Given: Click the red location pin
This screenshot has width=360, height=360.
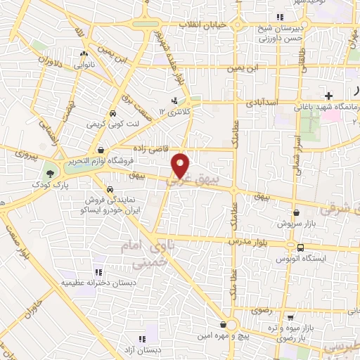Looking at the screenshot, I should (x=181, y=165).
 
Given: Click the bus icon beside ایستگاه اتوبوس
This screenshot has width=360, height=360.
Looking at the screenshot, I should (x=301, y=247).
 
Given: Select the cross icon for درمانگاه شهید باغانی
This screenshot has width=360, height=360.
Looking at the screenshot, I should (x=328, y=95).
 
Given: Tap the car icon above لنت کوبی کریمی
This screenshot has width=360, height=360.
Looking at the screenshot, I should (x=112, y=113).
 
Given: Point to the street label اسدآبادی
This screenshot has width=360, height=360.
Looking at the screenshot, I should (x=262, y=102).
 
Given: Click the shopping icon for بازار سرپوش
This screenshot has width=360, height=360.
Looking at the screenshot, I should (x=295, y=212).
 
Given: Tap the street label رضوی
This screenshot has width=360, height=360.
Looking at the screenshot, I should (x=270, y=309).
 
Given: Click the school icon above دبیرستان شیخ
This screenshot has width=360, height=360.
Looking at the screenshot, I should (x=280, y=17).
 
